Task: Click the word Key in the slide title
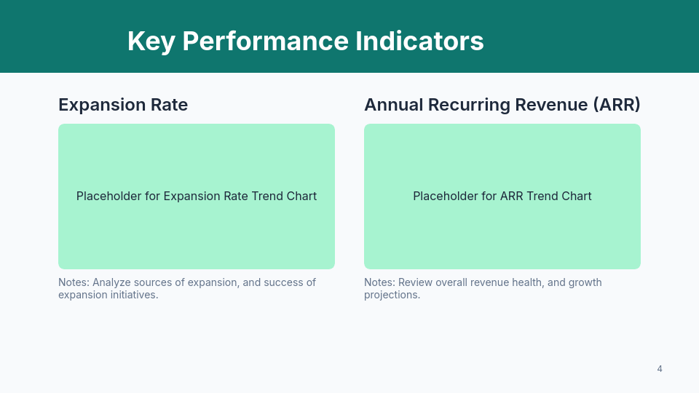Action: [151, 41]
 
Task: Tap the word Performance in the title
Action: [265, 41]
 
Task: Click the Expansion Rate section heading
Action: [123, 105]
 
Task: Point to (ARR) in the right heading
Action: [616, 105]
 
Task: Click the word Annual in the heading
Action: [393, 105]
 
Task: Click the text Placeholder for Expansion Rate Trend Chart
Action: [197, 196]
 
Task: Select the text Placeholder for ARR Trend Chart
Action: [502, 196]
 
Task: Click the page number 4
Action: [660, 369]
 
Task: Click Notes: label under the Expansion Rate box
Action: [74, 282]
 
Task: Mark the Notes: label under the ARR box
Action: [379, 282]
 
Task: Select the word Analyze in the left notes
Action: [113, 282]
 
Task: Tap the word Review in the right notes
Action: [416, 282]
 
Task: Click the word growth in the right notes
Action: [585, 282]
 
